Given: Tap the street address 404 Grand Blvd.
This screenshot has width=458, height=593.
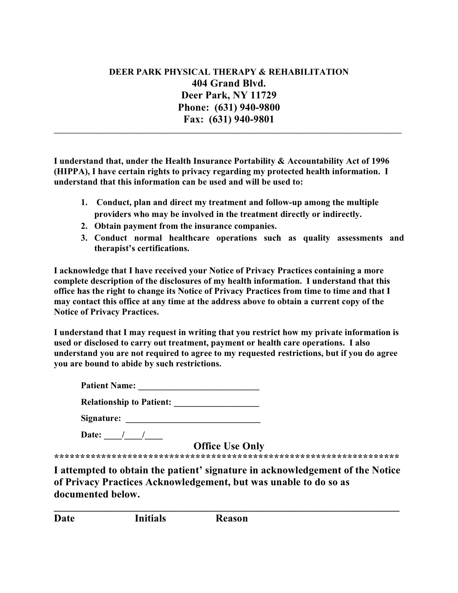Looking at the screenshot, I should click(x=229, y=84).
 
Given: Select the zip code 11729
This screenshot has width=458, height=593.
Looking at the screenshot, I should click(x=263, y=96).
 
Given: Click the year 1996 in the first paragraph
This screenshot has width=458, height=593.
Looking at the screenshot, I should click(x=380, y=161).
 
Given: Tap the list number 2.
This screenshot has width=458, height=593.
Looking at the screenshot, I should click(x=84, y=226).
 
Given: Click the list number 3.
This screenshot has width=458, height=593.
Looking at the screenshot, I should click(x=84, y=238).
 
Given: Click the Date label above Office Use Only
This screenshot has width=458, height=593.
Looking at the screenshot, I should click(x=91, y=435).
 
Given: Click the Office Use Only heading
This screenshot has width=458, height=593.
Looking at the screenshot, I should click(x=229, y=446).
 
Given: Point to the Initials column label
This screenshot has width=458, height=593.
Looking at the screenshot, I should click(x=150, y=518).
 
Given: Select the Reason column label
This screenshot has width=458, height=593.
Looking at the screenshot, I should click(x=231, y=518).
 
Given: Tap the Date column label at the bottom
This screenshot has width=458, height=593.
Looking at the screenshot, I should click(x=64, y=518).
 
